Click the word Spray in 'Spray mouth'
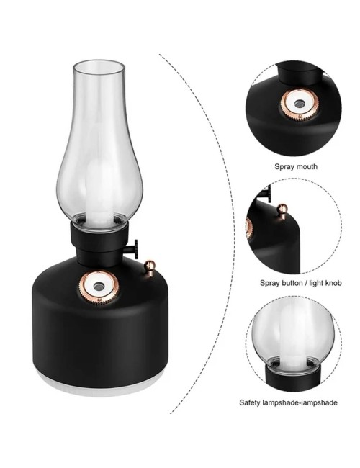click(x=283, y=167)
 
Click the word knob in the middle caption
click(x=333, y=283)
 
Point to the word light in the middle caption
click(x=315, y=283)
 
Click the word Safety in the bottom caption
click(x=250, y=402)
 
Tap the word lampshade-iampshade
click(x=300, y=403)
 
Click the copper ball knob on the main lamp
click(x=149, y=266)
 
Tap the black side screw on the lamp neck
click(x=132, y=249)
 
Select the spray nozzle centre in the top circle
click(x=298, y=104)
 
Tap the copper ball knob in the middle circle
click(x=282, y=210)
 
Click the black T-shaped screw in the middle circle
click(x=266, y=193)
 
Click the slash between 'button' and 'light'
click(x=306, y=283)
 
